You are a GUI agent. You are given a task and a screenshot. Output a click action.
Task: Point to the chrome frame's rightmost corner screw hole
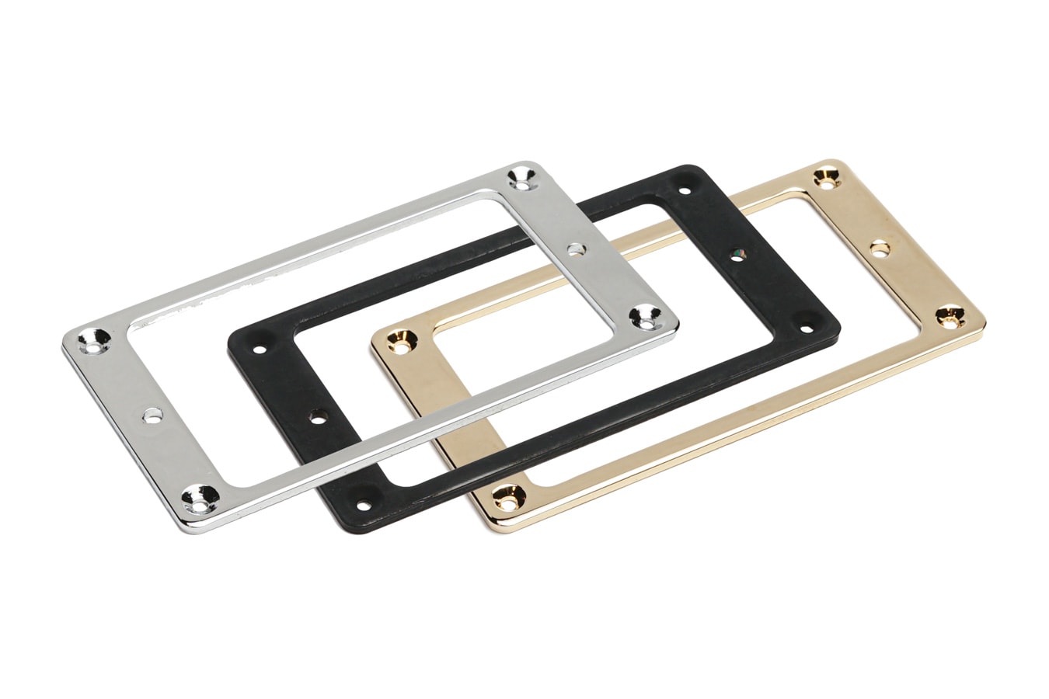[644, 315]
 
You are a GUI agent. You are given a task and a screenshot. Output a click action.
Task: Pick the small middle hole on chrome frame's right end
[576, 249]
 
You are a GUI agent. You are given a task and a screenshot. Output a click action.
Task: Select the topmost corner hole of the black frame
[684, 190]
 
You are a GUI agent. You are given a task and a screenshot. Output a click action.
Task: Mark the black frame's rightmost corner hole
[805, 318]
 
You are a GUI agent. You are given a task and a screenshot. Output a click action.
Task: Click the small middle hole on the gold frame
[880, 248]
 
